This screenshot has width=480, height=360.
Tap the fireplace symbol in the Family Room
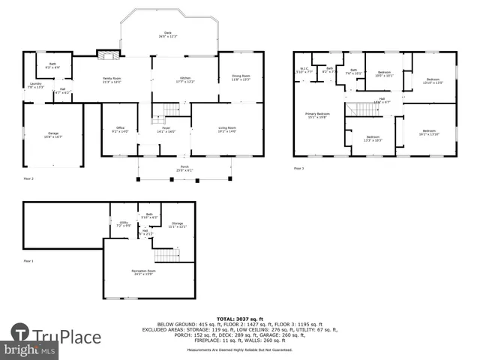tap(108, 55)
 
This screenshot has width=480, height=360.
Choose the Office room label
tap(120, 129)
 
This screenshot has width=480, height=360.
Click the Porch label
tap(184, 167)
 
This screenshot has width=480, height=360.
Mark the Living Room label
tap(226, 129)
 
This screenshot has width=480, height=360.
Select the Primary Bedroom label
tap(317, 115)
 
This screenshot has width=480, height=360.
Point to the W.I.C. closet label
tap(304, 70)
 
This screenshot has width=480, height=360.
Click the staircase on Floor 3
tap(363, 110)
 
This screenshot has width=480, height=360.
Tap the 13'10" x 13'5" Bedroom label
tap(433, 80)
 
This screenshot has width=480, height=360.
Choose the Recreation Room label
tap(143, 271)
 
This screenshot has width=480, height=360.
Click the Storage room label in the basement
tap(177, 224)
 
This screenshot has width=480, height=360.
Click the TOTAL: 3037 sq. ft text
tap(241, 319)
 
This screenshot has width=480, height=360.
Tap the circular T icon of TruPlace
tap(21, 334)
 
